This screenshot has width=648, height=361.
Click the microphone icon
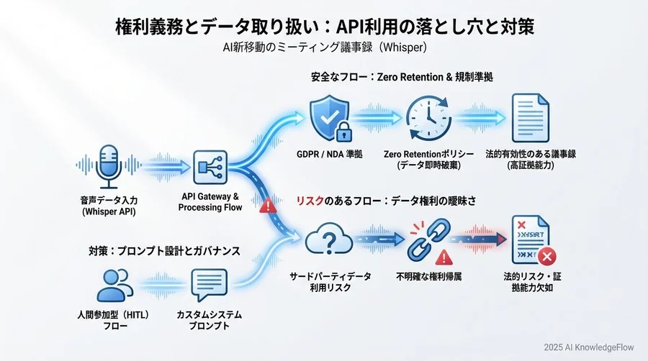click(109, 165)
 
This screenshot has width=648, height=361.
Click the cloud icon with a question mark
click(328, 242)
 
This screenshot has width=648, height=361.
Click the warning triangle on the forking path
click(268, 205)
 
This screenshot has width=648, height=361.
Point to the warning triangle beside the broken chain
click(444, 256)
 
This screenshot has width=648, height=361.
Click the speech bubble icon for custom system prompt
click(210, 285)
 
